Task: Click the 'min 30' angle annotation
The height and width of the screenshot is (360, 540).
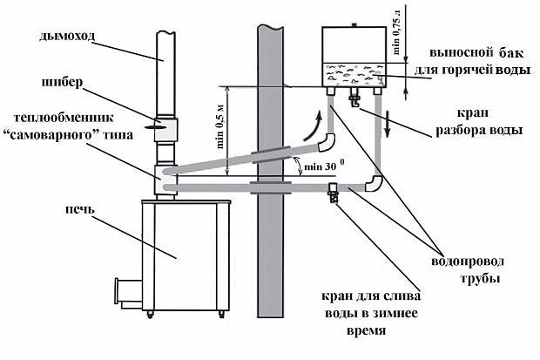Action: pos(316,166)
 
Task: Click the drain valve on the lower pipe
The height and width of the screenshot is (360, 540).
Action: pos(333,199)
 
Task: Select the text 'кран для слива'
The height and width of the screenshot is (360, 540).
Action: pos(348,301)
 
